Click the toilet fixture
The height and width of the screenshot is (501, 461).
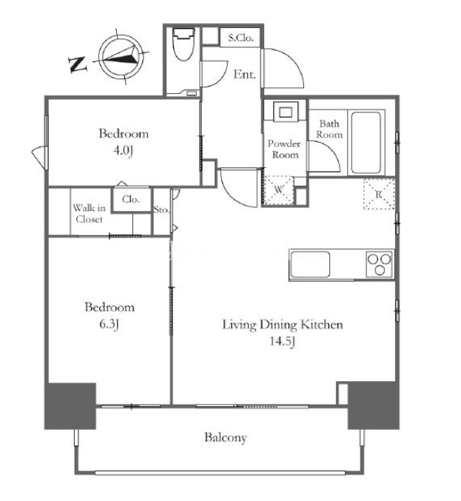tap(183, 44)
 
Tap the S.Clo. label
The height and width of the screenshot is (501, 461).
tap(241, 38)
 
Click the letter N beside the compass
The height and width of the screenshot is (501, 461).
tap(78, 64)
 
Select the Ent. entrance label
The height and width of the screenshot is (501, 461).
tap(244, 75)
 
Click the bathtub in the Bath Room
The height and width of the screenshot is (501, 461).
tap(366, 143)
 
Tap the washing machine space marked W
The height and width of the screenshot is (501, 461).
tap(278, 189)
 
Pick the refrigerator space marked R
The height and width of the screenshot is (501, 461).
tap(379, 194)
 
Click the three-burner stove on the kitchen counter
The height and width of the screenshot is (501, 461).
tap(380, 264)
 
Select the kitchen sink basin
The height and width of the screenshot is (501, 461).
tap(311, 264)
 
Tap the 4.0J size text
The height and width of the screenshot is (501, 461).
tap(123, 150)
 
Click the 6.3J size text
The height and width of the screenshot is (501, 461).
tap(110, 325)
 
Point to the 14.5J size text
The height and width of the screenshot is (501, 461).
tap(282, 342)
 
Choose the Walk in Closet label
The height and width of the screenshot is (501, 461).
tap(89, 214)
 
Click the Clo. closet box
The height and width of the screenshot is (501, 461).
tap(131, 200)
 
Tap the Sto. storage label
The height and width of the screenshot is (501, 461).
tap(161, 210)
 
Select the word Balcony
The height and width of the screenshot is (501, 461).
tap(226, 437)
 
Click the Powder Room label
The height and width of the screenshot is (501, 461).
tap(283, 149)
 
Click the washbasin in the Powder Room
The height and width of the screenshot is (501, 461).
tap(286, 112)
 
